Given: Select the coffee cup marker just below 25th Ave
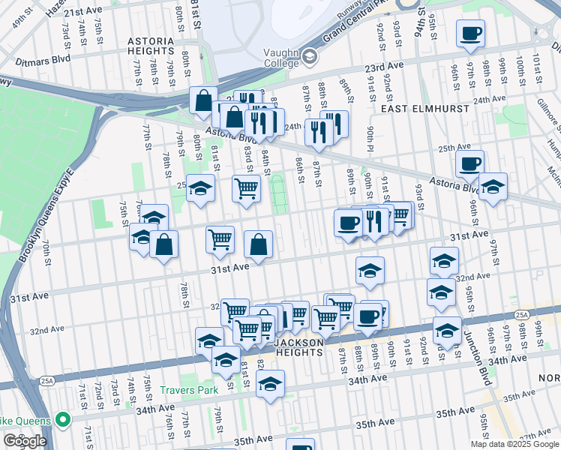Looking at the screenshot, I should [469, 165].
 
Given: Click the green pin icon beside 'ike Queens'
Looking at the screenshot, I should [63, 420].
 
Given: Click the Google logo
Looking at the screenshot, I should [24, 440].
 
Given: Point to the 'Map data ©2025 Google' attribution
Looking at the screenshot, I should [514, 444].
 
